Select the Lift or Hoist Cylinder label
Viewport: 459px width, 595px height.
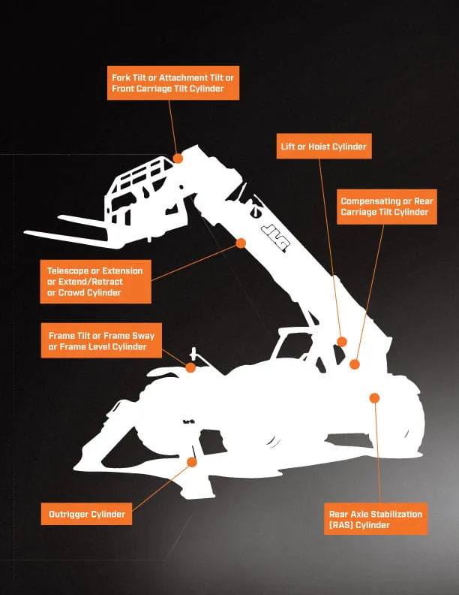point(322,146)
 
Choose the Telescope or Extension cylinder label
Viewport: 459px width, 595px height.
point(95,281)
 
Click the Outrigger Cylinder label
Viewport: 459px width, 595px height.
point(87,514)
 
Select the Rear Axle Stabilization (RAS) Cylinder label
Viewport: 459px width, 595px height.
point(375,519)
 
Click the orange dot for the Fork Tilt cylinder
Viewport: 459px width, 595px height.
point(178,159)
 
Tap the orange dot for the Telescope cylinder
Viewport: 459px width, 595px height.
point(241,243)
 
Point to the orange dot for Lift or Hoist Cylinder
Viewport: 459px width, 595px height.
point(342,341)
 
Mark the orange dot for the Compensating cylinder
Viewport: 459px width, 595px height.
point(355,364)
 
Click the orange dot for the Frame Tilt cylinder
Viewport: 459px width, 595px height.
point(190,368)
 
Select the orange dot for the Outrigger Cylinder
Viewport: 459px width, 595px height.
point(193,462)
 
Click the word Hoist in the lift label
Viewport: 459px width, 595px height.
point(319,146)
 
